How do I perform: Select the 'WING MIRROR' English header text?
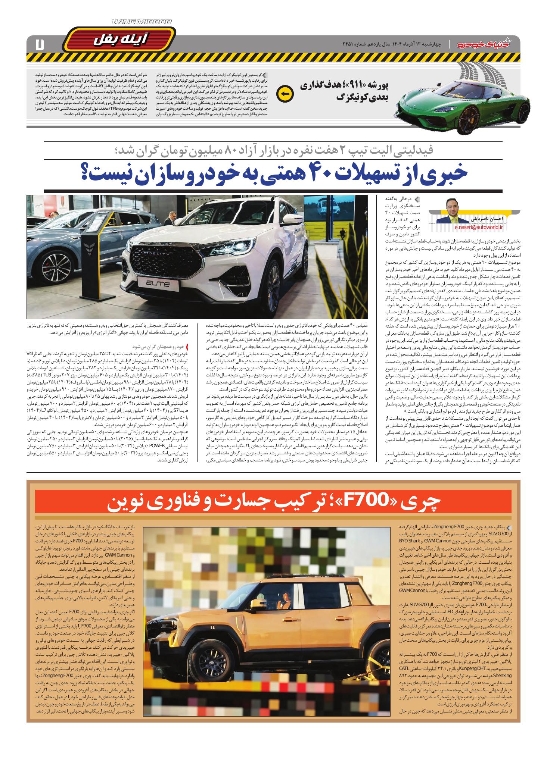(x=142, y=22)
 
